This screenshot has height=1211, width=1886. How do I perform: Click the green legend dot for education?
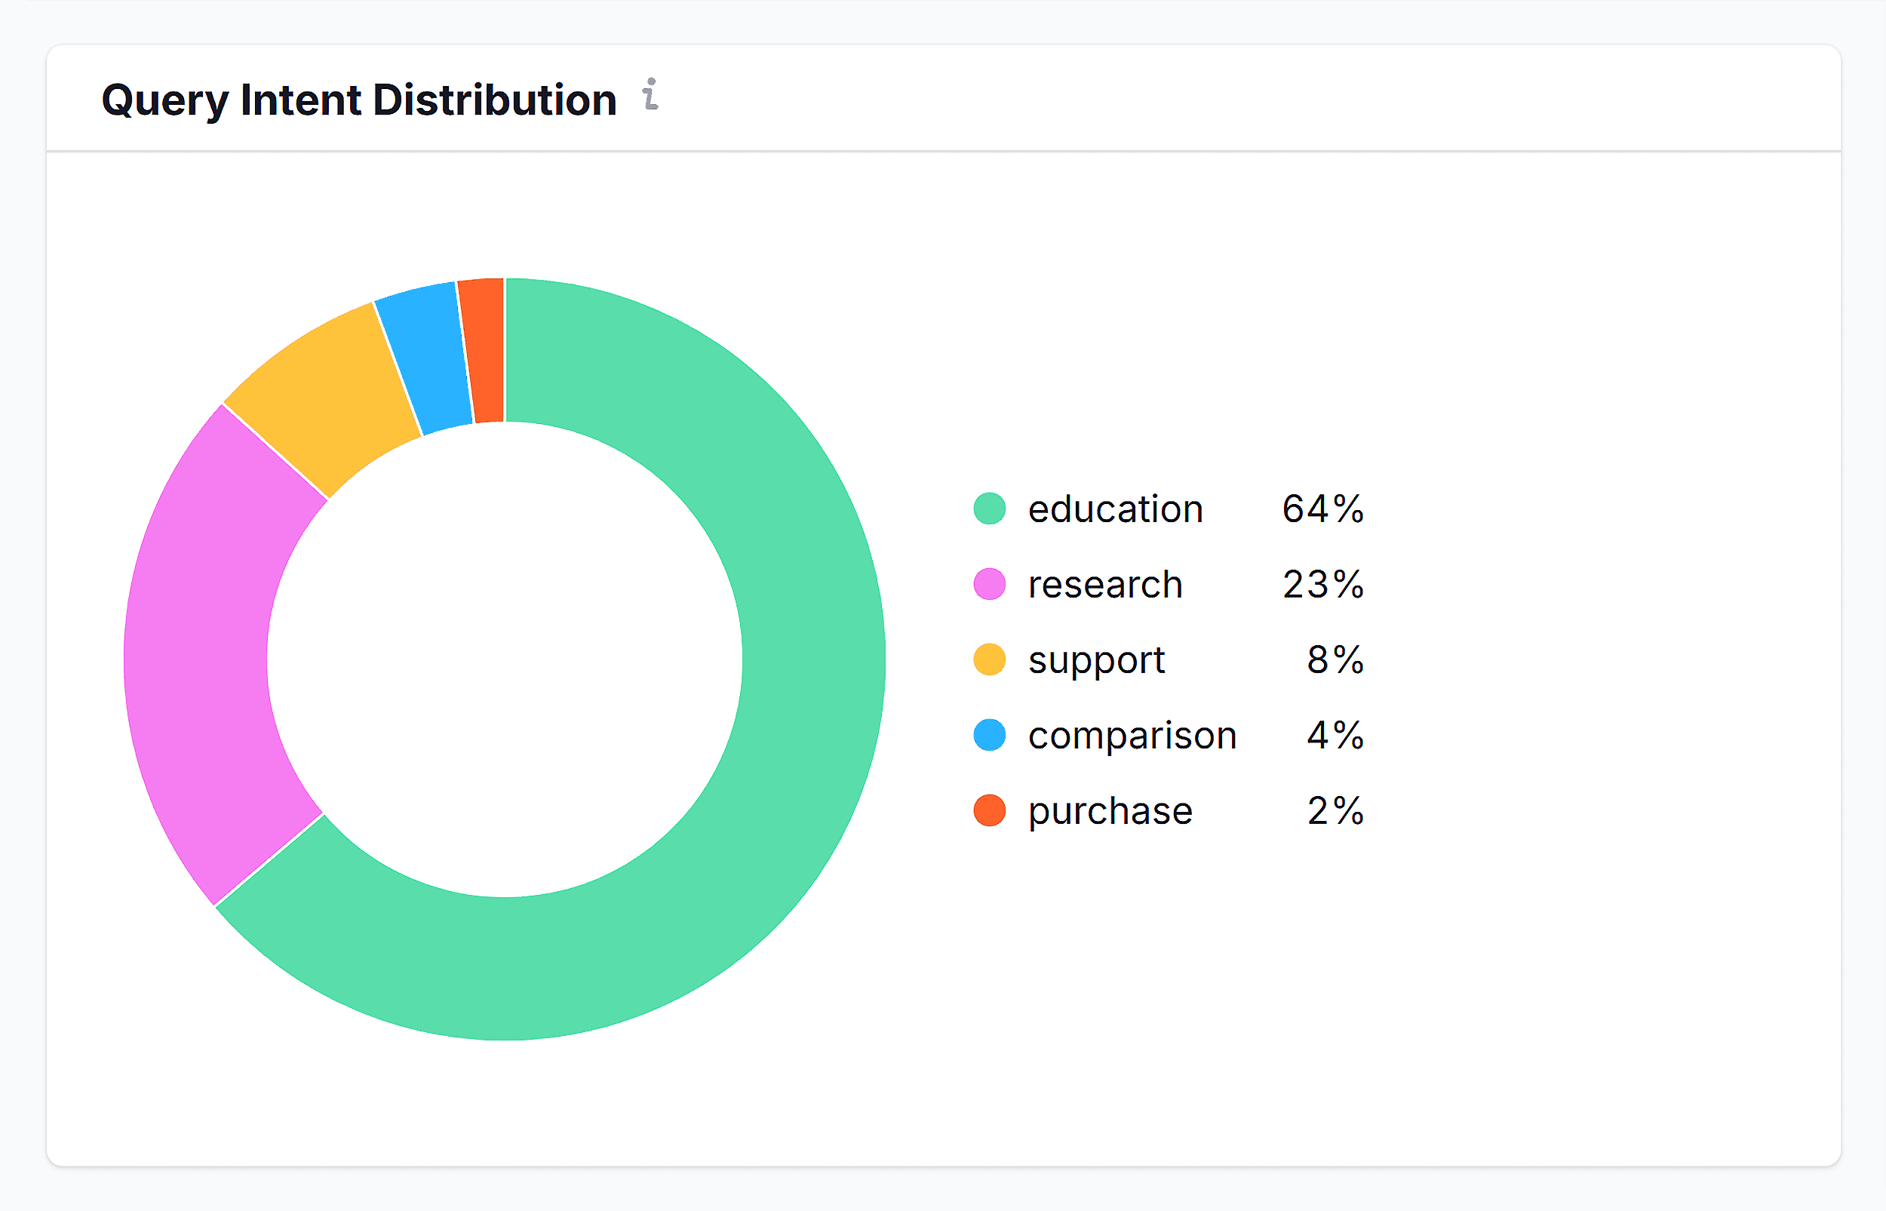990,509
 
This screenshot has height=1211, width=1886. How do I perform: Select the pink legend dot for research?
990,584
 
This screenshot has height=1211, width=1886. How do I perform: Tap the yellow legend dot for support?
990,659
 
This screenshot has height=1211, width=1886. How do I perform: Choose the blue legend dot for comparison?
990,735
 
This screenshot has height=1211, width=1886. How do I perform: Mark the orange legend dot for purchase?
990,811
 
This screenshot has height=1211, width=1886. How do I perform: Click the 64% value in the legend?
1323,509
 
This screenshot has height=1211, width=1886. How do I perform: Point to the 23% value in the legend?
1323,584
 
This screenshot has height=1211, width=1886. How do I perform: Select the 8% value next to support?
1335,659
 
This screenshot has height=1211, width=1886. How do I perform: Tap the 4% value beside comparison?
1335,735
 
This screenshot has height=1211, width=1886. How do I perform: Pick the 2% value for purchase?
1335,811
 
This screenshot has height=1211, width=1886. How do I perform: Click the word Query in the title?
165,100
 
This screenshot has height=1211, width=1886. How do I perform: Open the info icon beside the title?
650,94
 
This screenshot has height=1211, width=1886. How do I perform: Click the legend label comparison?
1132,735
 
